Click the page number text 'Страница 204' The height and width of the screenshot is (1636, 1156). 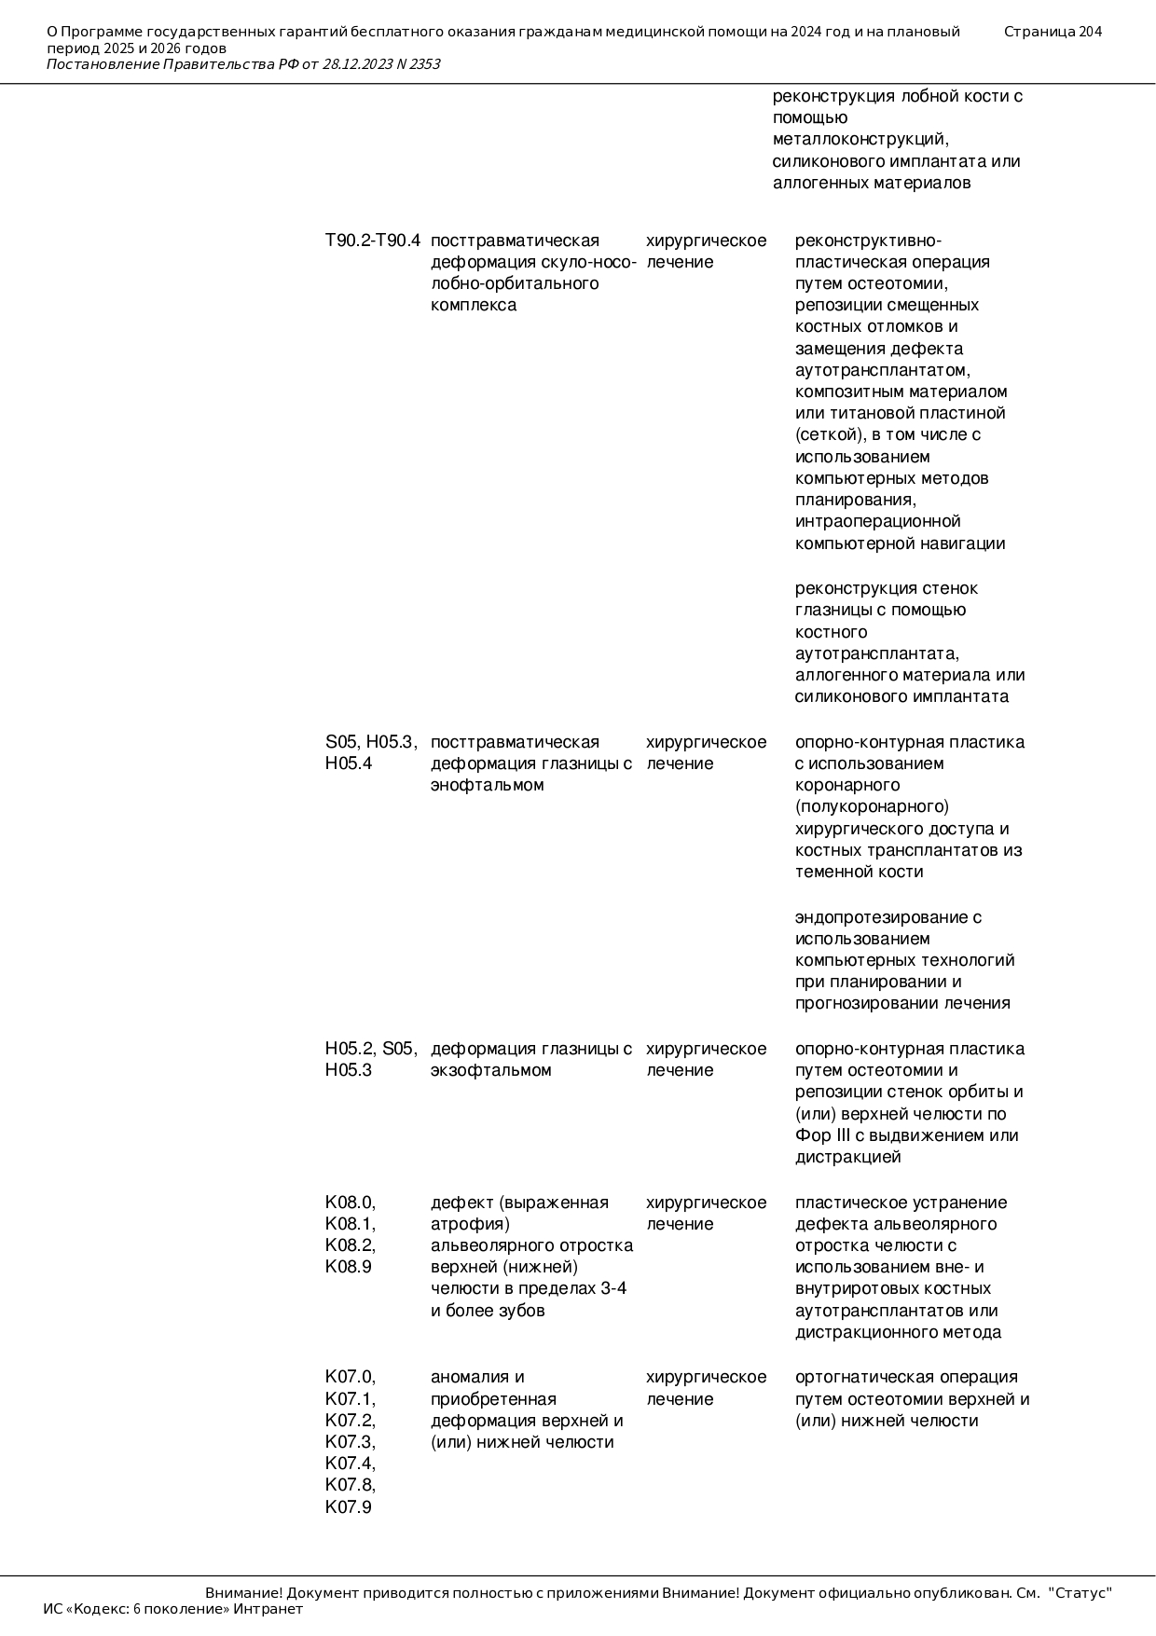[x=1053, y=32]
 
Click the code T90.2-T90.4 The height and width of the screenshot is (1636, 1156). [x=372, y=241]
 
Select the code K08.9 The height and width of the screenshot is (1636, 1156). [x=349, y=1267]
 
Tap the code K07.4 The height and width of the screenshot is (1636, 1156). [x=350, y=1464]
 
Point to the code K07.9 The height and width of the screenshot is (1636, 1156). [x=349, y=1507]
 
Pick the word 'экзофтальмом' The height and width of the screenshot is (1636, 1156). [x=491, y=1070]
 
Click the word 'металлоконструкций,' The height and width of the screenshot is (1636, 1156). [x=860, y=140]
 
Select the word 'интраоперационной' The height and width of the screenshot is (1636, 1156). [x=877, y=521]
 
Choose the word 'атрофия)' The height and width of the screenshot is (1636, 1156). [x=470, y=1224]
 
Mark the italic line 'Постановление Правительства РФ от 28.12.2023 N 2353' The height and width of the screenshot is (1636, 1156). [x=243, y=64]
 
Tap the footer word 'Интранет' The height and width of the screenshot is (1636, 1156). [x=268, y=1609]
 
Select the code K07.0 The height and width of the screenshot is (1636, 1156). [x=350, y=1377]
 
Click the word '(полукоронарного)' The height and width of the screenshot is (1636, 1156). [x=872, y=806]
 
